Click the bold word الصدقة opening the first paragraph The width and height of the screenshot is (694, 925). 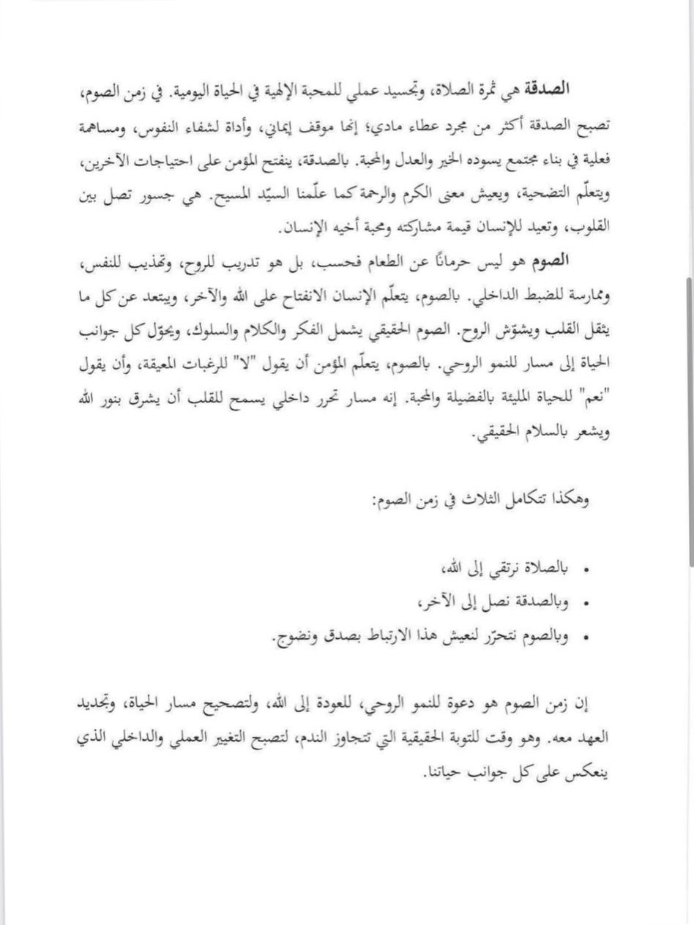570,89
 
